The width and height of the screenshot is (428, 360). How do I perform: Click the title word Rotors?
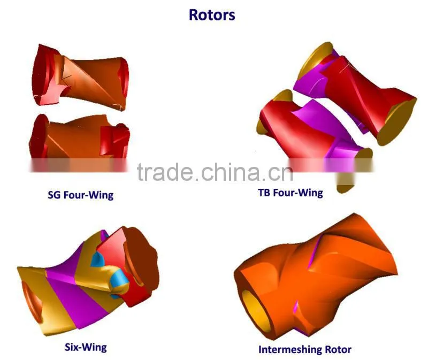tap(212, 15)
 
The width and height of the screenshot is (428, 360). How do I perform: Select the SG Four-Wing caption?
tap(81, 195)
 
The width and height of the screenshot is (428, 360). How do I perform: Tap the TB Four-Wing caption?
tap(291, 193)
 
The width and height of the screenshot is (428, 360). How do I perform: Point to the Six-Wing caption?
tap(86, 347)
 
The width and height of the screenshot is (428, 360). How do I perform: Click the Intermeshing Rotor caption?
tap(305, 350)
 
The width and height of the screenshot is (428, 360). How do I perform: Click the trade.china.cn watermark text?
tap(215, 172)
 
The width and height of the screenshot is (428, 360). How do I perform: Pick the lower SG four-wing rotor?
tap(79, 137)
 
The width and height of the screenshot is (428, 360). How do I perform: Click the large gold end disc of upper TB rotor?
tap(396, 122)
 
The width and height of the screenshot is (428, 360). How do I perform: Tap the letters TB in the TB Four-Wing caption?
tap(264, 193)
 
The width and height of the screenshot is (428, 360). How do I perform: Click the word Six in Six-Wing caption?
tap(72, 347)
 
